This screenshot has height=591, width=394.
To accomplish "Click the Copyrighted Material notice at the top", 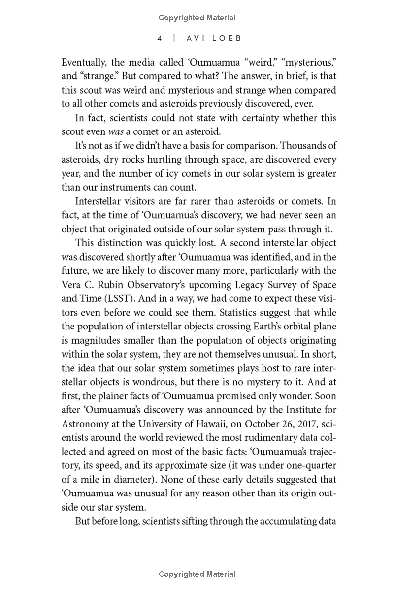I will pyautogui.click(x=197, y=18).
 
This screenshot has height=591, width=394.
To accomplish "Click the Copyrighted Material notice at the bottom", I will pyautogui.click(x=197, y=574).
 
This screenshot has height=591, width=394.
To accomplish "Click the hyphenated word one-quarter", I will pyautogui.click(x=307, y=464).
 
